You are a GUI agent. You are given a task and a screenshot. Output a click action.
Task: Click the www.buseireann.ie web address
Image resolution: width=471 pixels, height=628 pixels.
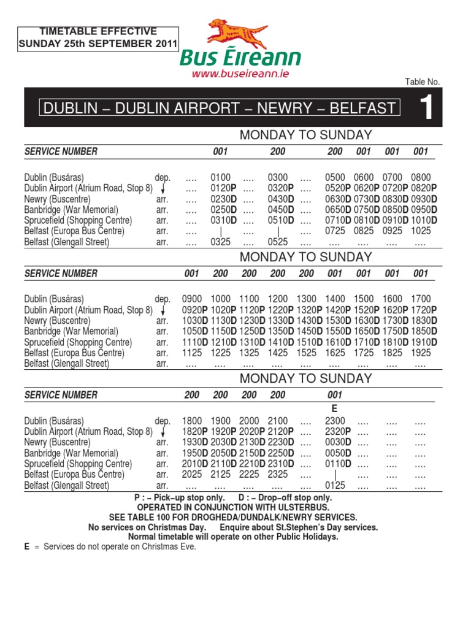point(240,74)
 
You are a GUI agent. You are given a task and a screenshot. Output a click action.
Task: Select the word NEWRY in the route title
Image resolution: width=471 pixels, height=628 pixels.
point(283,109)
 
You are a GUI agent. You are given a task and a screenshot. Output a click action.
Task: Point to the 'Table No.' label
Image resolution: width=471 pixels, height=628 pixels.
point(423,82)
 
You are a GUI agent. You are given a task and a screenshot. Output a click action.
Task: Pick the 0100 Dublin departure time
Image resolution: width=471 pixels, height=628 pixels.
point(220,177)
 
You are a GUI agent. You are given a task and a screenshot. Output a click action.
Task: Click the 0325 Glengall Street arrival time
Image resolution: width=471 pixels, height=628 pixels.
point(220,242)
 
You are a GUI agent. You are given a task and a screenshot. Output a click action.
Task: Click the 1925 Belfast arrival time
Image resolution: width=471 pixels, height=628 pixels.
point(421,353)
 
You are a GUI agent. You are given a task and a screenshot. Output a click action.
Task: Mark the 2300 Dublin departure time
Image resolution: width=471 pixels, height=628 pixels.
point(335,421)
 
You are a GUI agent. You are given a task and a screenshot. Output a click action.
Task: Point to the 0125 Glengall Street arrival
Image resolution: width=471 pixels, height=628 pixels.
point(335,486)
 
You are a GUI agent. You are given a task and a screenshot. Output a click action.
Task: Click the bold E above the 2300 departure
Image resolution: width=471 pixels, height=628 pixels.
point(335,408)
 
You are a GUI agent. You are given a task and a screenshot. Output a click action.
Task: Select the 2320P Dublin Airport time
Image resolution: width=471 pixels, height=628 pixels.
point(338,432)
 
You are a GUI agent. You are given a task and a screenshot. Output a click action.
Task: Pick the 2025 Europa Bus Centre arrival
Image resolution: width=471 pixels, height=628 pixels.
point(192,475)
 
